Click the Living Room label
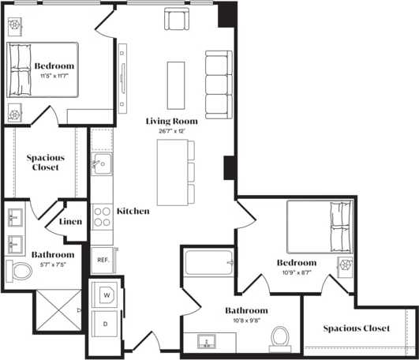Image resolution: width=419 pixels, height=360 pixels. click(172, 121)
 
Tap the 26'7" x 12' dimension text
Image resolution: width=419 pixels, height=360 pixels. click(172, 131)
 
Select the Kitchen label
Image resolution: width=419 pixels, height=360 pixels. click(133, 212)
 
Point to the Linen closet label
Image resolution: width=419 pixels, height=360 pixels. click(71, 222)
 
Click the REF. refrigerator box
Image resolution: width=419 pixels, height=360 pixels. click(103, 259)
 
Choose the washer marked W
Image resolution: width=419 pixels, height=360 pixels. click(106, 296)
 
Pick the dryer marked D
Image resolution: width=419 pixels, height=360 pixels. click(106, 324)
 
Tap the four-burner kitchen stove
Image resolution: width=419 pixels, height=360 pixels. click(103, 216)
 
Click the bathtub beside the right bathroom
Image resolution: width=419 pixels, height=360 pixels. click(209, 263)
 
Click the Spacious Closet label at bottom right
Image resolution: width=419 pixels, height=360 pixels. click(356, 328)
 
